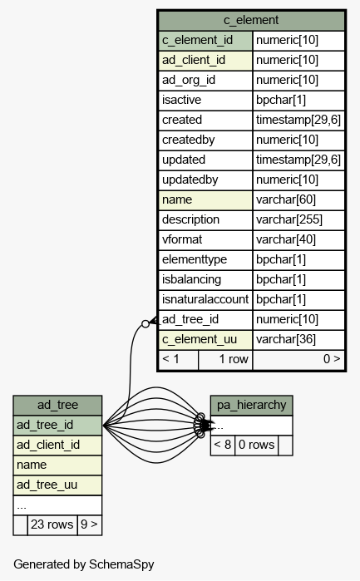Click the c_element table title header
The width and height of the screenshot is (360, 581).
(251, 21)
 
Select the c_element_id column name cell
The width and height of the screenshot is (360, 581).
(205, 41)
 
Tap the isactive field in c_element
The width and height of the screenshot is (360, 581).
(205, 100)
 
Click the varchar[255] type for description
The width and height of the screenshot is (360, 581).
(298, 219)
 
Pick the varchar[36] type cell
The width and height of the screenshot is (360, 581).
(298, 339)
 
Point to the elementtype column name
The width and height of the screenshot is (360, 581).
(205, 259)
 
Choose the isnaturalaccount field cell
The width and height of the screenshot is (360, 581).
(205, 299)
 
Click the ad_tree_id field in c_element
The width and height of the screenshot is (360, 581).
(205, 319)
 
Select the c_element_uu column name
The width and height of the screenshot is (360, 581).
(205, 339)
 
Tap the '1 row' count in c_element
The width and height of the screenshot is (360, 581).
(225, 359)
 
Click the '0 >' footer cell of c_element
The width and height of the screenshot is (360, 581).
(298, 359)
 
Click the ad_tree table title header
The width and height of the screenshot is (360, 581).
(57, 406)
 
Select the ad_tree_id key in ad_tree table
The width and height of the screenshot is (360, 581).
(57, 426)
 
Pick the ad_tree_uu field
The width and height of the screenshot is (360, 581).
(57, 485)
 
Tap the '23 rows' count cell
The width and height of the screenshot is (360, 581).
(52, 524)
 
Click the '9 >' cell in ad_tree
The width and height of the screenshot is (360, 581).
(89, 524)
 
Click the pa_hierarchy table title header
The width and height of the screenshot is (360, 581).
(251, 406)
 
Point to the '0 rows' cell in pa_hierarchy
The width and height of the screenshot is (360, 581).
(256, 446)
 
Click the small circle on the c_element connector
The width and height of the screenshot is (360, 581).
(145, 324)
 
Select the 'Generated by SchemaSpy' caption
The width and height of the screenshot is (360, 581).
(84, 564)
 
